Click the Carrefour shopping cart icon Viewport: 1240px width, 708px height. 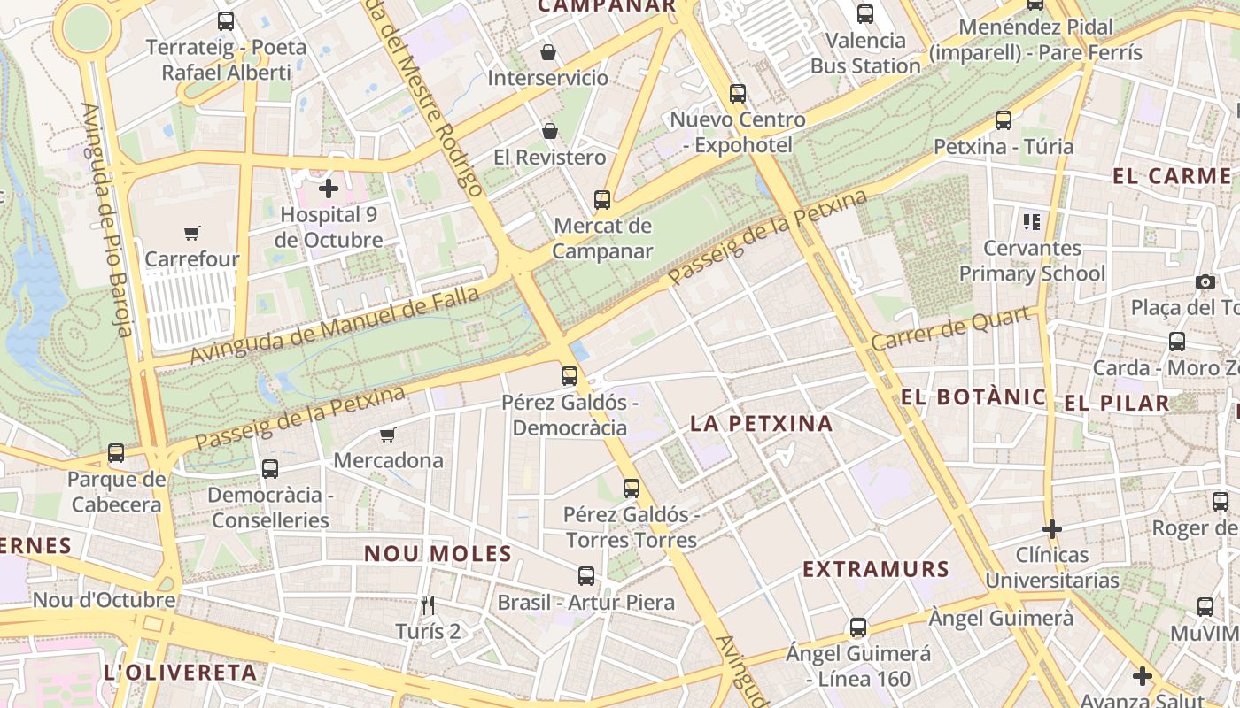point(192,233)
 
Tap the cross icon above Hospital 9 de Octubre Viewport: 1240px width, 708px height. point(329,188)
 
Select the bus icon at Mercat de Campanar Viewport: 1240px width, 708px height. point(602,199)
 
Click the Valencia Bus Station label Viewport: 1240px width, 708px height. point(865,53)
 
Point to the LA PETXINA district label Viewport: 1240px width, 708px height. point(761,423)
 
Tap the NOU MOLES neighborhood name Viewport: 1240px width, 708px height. point(438,553)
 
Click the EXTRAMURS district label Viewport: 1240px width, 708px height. point(876,569)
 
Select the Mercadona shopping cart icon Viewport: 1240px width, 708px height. point(387,435)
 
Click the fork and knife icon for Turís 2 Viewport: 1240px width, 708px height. point(429,605)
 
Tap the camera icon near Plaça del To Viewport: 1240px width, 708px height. point(1205,281)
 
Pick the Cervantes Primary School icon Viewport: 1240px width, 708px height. point(1031,221)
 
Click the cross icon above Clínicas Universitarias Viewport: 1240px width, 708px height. point(1052,529)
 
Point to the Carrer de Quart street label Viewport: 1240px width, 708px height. point(953,328)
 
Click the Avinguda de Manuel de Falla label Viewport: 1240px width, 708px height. point(334,326)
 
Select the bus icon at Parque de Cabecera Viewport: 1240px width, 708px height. point(116,453)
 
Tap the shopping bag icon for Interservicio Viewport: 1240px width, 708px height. point(548,52)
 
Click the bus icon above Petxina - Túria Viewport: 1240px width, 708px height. point(1004,119)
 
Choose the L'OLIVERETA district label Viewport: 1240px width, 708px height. point(180,672)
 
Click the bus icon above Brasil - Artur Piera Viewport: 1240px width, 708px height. point(585,576)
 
